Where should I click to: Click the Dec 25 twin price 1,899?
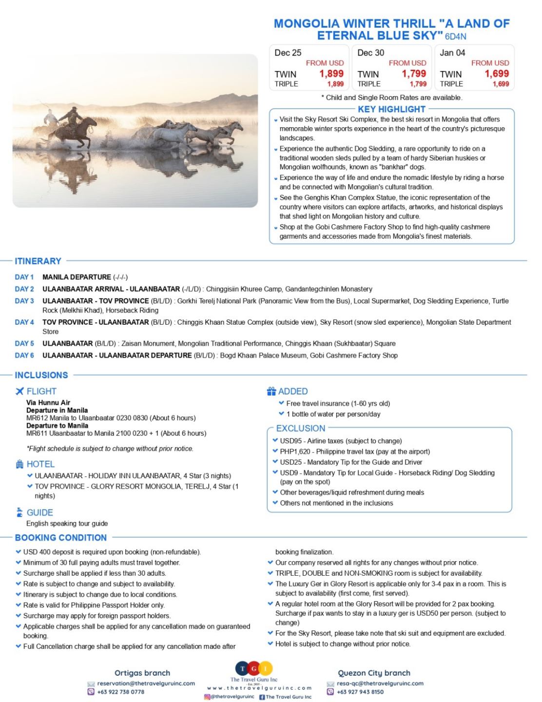pos(331,74)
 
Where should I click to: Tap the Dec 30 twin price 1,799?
pos(414,74)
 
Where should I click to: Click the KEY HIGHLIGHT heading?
pos(391,109)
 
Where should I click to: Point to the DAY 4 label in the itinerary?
pos(24,322)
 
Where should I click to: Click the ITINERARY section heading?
pos(38,261)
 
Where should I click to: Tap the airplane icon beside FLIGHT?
pos(19,391)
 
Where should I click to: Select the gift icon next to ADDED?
pos(271,391)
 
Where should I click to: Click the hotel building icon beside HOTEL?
pos(19,464)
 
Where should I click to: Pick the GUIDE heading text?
pos(40,512)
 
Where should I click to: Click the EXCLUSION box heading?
pos(300,429)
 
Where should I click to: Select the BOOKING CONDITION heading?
pos(61,538)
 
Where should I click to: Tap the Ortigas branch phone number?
pos(120,692)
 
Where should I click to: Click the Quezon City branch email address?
pos(380,683)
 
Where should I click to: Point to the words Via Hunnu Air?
pos(48,403)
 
